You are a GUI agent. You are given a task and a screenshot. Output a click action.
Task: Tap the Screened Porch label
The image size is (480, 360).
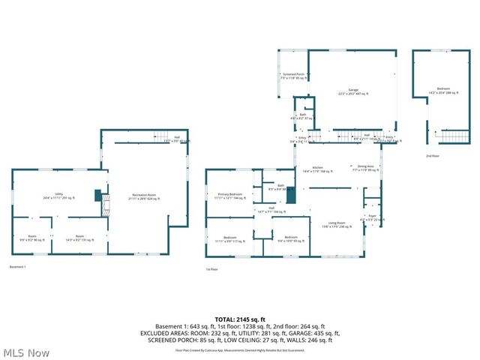(293, 76)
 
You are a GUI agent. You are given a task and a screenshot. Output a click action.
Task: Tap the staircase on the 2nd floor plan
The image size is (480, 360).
(452, 136)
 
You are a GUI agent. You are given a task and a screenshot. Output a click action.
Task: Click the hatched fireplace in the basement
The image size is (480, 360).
(104, 203)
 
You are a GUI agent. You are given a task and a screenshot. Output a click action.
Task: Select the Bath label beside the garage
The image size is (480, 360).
(302, 116)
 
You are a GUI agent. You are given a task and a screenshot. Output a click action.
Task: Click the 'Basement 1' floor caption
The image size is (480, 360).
(17, 267)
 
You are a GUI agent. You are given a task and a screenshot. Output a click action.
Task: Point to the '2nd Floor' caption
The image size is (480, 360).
(433, 156)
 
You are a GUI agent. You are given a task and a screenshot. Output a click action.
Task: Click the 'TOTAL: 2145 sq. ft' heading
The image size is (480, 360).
(239, 319)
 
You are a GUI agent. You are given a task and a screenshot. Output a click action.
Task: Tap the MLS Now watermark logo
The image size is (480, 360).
(25, 352)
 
